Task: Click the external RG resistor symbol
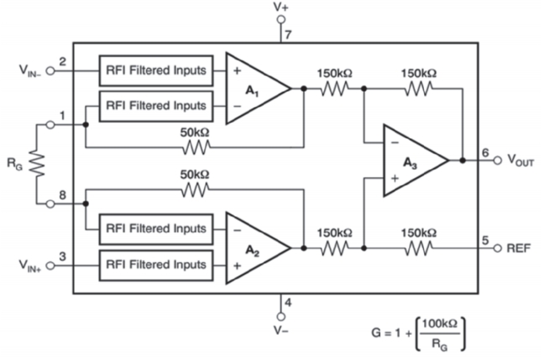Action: (36, 164)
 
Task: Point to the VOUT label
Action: (520, 160)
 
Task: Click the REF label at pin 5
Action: (519, 248)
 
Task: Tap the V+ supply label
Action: (281, 7)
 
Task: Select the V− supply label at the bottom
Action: (281, 330)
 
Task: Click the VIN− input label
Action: (29, 70)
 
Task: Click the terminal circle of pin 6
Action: (498, 160)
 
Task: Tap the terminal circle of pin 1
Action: (50, 124)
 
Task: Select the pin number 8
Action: (62, 195)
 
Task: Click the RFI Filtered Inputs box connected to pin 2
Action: (156, 70)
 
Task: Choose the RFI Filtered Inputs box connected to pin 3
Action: (156, 265)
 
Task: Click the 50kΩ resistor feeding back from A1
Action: (196, 148)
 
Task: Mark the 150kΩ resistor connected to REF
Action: (418, 248)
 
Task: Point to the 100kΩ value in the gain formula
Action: (440, 324)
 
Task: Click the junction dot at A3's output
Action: (463, 160)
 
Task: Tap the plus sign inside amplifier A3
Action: (395, 178)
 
